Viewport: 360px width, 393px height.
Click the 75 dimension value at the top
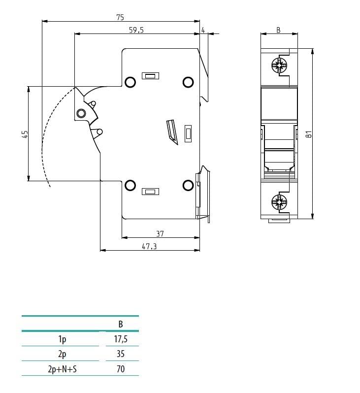coord(120,17)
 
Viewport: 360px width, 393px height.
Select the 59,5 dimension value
coord(136,30)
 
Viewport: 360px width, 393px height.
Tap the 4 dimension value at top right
coord(203,30)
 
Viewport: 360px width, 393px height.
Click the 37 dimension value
coord(160,233)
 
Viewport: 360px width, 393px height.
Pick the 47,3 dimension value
coord(149,246)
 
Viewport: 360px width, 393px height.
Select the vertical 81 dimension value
coord(308,134)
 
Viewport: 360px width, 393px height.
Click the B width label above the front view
coord(278,30)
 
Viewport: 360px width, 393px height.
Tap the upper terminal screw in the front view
coord(279,65)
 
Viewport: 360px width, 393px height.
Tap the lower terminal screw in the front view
coord(279,201)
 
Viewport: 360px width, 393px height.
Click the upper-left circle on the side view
coord(130,82)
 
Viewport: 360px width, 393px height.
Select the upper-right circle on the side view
coord(188,82)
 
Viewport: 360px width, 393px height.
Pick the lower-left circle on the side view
coord(130,185)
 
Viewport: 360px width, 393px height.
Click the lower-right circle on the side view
coord(188,185)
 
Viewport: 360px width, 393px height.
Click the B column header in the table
coord(121,324)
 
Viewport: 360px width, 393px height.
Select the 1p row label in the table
coord(63,339)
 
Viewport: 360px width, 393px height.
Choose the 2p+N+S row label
coord(63,368)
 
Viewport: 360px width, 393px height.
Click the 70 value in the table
coord(121,368)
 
